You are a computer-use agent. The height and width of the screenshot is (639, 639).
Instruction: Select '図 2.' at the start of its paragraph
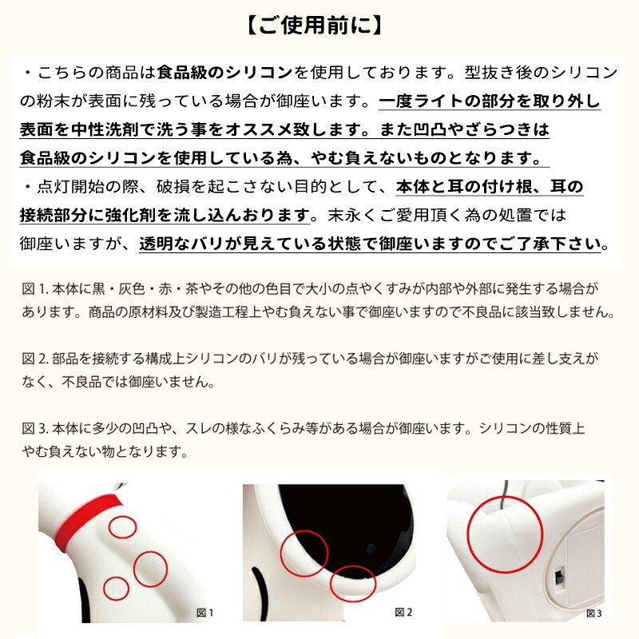click(35, 357)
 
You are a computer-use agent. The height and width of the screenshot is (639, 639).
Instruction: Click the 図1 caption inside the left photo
click(204, 613)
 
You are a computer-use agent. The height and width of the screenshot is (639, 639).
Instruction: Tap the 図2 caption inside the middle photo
click(403, 613)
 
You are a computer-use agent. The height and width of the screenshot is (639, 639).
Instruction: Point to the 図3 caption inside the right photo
click(593, 613)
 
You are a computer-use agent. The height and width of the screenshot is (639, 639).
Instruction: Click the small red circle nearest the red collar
click(122, 528)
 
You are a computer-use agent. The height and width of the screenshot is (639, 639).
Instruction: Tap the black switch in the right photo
click(562, 575)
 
